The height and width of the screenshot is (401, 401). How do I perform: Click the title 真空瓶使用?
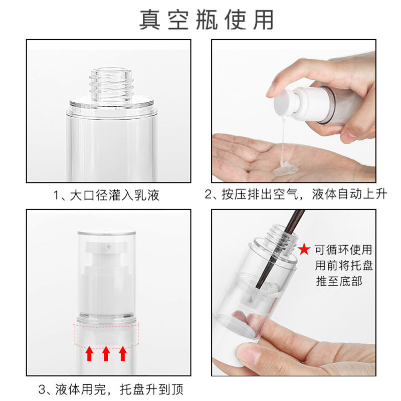207,20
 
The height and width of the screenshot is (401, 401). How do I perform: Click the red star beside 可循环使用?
304,249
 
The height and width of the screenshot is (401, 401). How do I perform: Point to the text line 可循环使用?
343,250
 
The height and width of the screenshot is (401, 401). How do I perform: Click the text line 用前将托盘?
344,265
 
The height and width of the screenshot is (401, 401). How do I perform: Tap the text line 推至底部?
339,281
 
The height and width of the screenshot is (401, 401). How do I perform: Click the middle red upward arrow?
106,353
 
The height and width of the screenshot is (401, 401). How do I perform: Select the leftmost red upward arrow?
89,353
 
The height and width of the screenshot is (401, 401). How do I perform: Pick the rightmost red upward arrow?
123,353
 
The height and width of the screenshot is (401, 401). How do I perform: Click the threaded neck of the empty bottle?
112,84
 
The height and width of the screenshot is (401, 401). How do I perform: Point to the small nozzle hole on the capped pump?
108,247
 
